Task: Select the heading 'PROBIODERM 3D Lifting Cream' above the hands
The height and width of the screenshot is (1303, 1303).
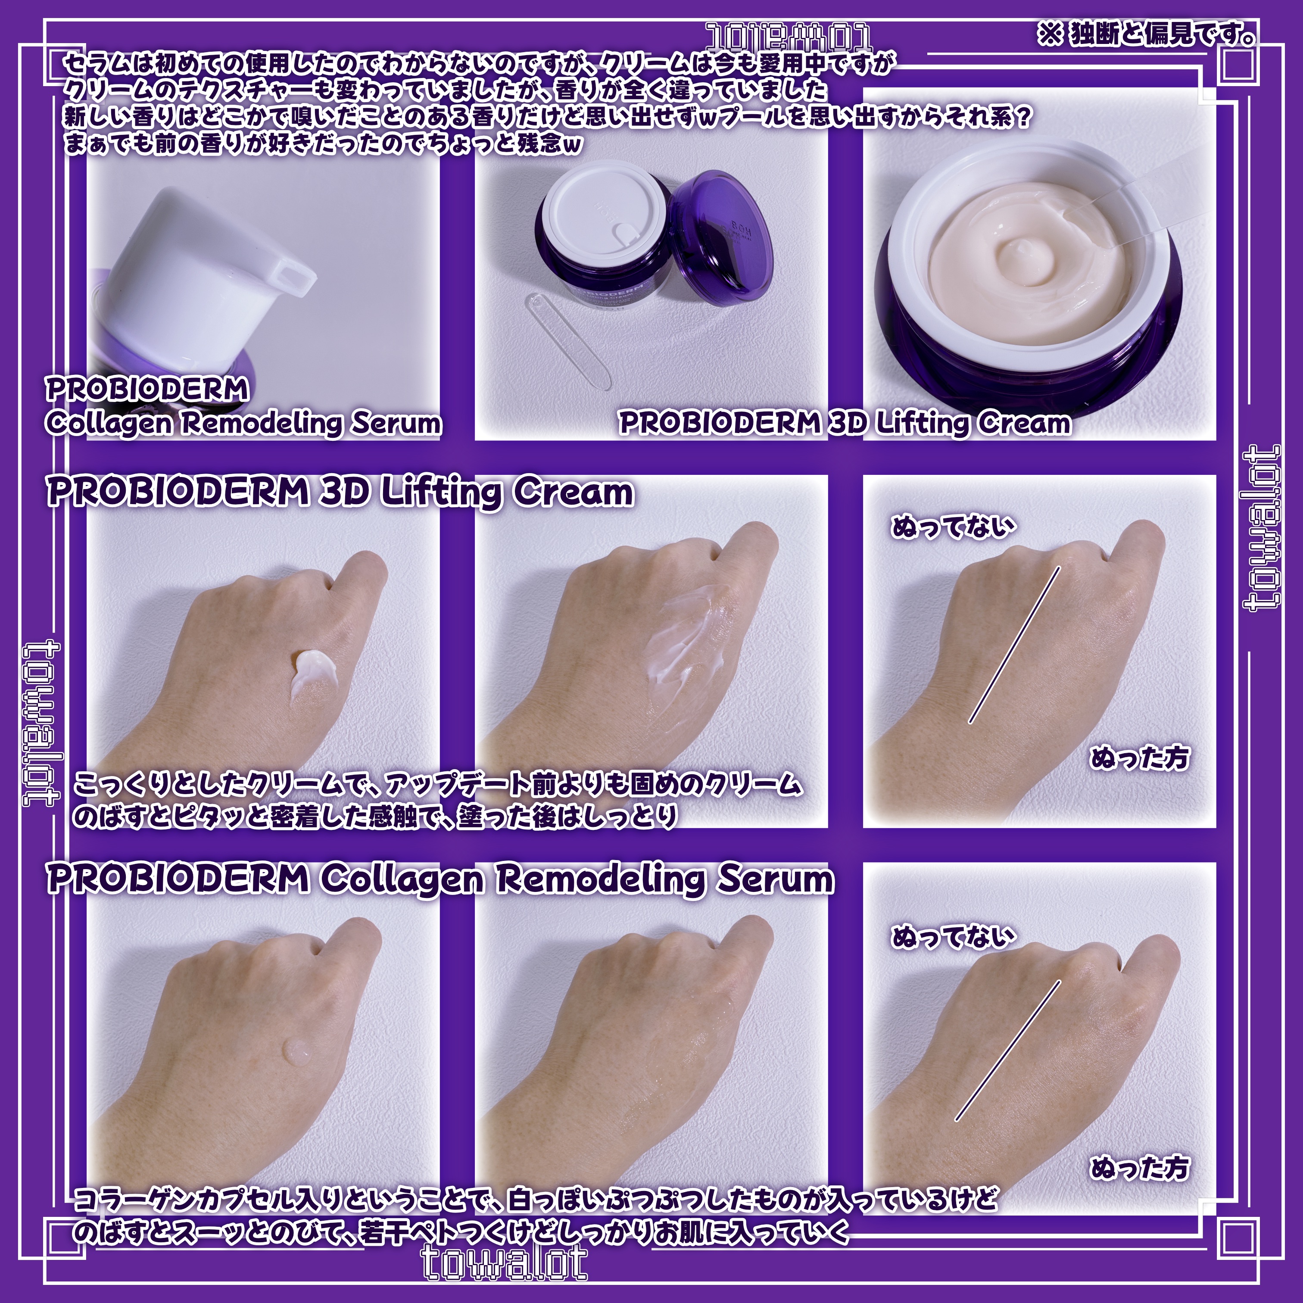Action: point(340,493)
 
